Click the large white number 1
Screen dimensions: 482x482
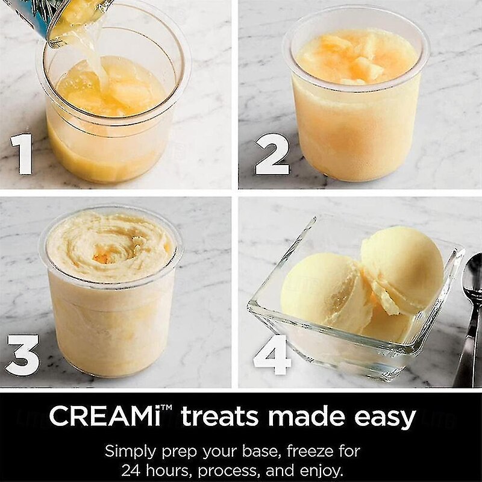point(22,154)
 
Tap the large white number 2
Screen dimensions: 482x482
point(272,154)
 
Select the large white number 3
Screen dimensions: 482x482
point(23,354)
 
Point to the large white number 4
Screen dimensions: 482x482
point(272,354)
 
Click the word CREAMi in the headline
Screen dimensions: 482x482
point(104,416)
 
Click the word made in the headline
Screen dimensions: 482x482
point(308,416)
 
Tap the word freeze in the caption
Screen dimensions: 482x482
point(310,451)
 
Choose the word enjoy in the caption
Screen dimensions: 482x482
point(322,471)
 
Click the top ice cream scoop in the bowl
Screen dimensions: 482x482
point(403,267)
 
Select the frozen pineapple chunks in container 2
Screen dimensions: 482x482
point(354,58)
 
